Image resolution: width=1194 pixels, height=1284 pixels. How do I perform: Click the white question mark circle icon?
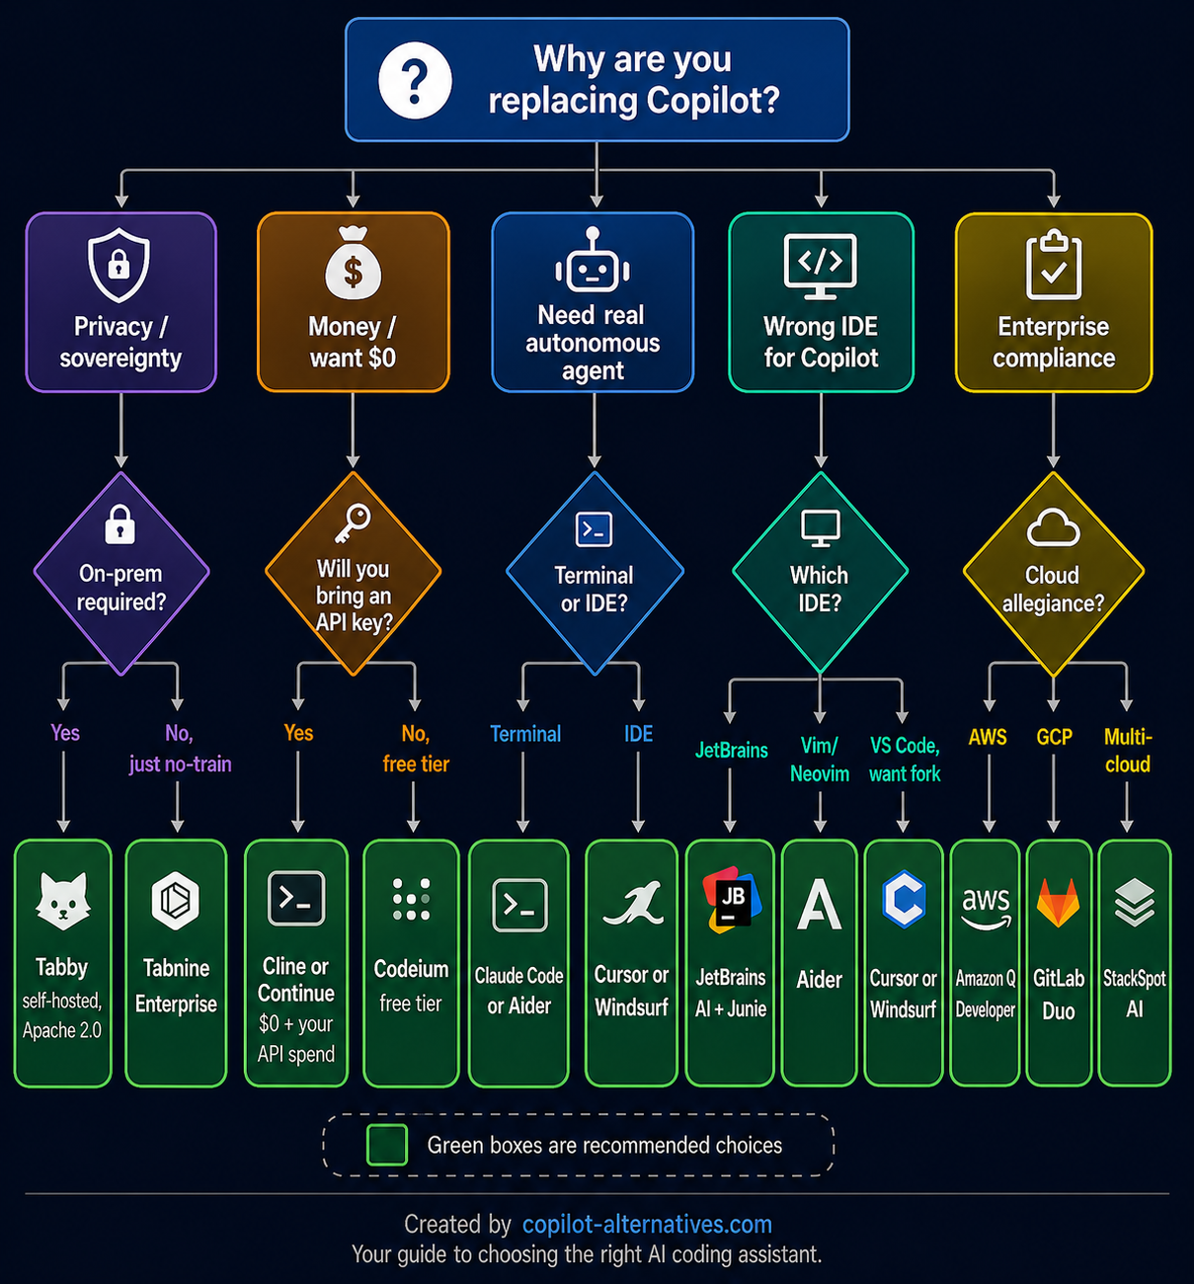coord(416,80)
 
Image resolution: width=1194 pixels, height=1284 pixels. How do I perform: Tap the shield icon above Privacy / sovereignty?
coord(119,265)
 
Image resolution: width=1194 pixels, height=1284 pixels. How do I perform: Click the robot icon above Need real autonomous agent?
coord(593,263)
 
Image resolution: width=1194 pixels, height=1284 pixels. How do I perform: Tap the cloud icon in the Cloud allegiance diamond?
coord(1053,527)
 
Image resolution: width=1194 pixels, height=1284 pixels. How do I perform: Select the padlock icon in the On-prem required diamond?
coord(120,524)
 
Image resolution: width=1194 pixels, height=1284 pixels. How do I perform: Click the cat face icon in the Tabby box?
coord(62,902)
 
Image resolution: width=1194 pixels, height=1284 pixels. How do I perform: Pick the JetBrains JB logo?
coord(731,900)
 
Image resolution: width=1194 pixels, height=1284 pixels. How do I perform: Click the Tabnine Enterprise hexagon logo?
coord(176,901)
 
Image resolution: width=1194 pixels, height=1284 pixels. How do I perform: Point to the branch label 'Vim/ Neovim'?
coord(820,760)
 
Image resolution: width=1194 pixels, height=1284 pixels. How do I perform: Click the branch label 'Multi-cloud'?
coord(1128,751)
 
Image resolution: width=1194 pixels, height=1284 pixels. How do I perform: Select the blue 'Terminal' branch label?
coord(525,734)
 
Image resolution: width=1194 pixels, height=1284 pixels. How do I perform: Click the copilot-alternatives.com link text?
coord(647,1225)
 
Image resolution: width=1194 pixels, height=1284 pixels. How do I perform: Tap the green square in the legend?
coord(387,1145)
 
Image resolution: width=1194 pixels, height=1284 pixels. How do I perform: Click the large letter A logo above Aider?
coord(820,904)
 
